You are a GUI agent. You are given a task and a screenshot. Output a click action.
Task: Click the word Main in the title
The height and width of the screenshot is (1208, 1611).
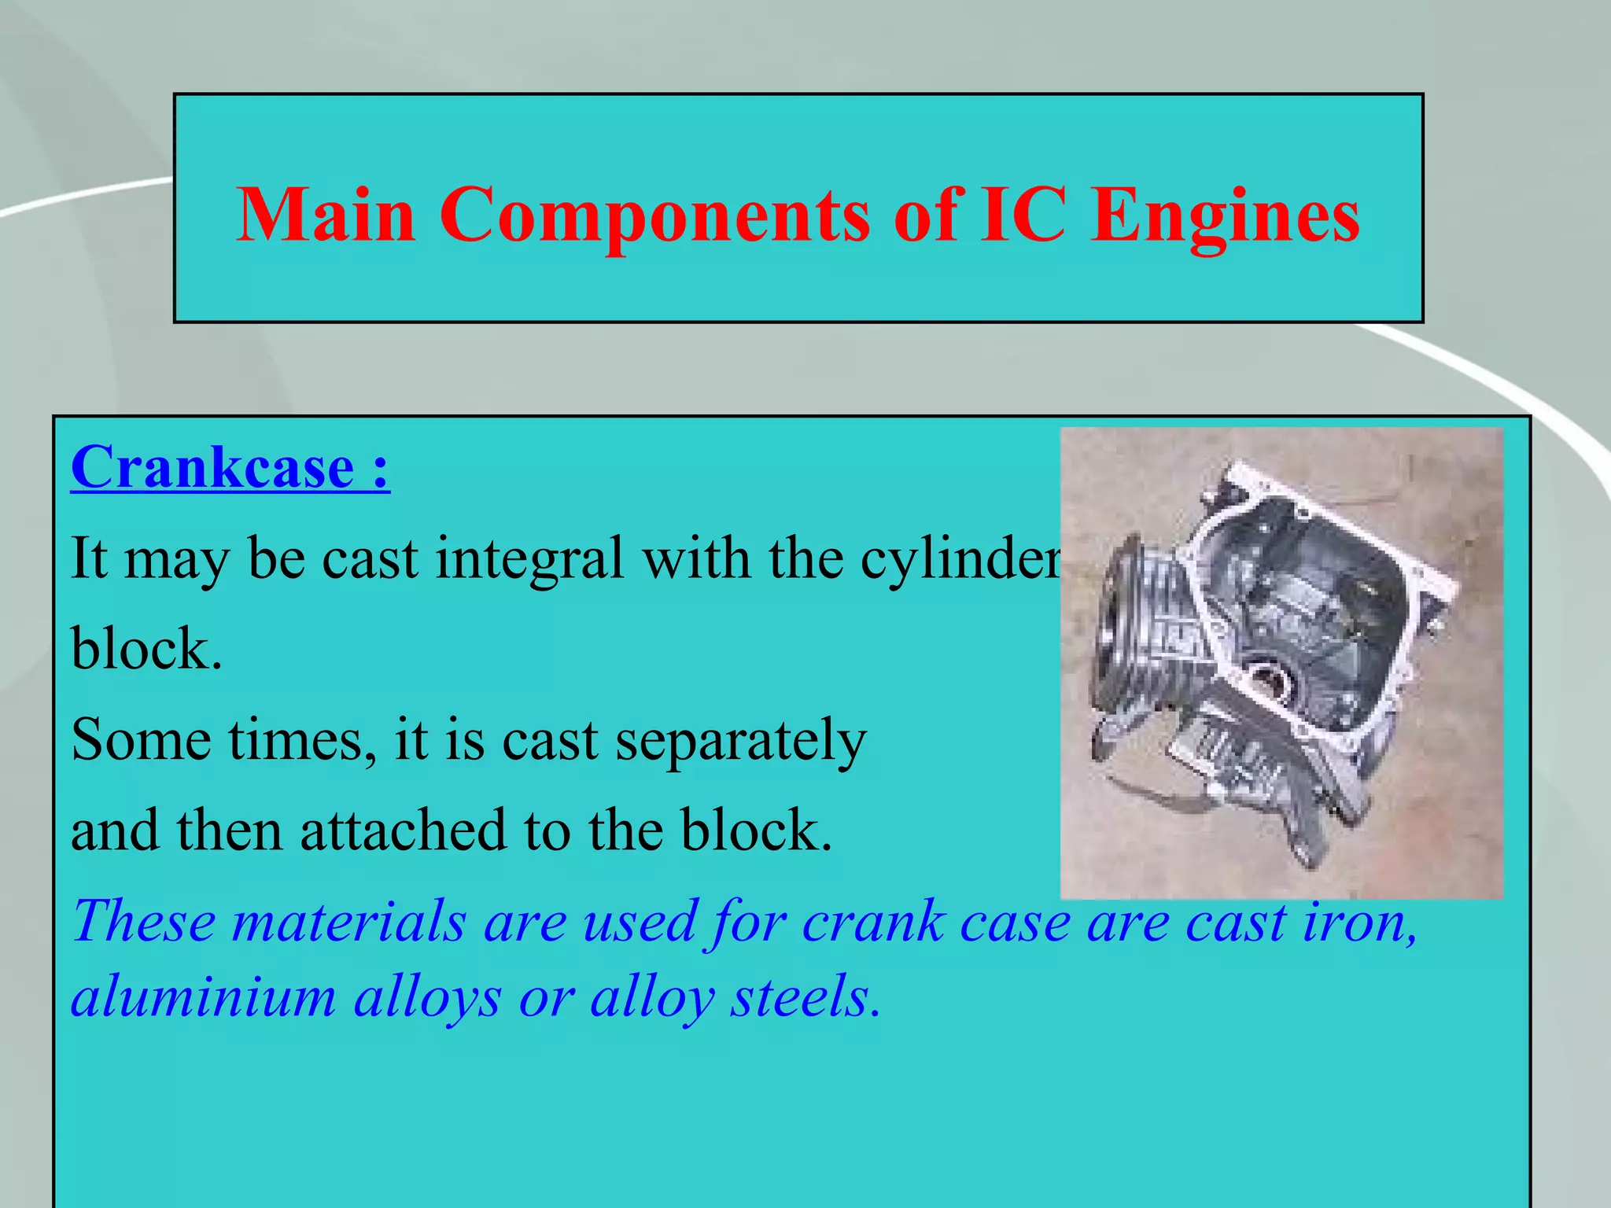point(326,215)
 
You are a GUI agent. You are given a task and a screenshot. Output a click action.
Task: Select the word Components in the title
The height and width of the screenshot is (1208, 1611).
point(654,216)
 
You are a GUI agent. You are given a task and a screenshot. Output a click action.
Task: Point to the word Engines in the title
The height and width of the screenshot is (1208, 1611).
point(1226,216)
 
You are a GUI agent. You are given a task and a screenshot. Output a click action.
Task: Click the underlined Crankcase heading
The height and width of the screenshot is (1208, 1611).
point(230,468)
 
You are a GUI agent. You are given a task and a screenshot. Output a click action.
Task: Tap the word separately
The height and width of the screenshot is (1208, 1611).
point(740,741)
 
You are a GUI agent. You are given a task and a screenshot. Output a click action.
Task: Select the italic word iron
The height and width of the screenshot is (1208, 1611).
point(1360,922)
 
